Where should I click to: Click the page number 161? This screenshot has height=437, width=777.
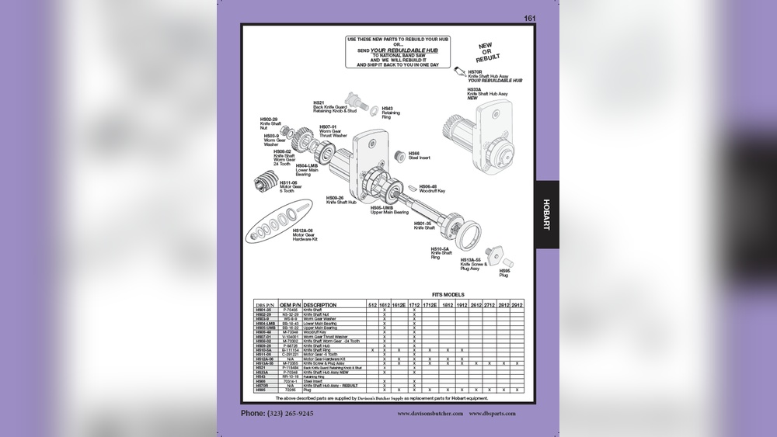tap(529, 18)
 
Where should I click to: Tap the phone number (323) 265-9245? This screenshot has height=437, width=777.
tap(277, 414)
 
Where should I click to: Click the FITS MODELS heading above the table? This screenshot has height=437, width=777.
tap(448, 295)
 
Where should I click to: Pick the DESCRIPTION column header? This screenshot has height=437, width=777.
tap(321, 305)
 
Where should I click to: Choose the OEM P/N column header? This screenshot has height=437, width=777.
tap(290, 305)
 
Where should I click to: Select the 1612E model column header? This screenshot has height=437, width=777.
tap(399, 305)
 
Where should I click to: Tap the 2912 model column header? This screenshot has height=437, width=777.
tap(518, 305)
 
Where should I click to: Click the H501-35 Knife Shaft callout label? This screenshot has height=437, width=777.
tap(424, 226)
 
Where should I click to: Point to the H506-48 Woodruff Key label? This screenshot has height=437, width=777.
tap(433, 188)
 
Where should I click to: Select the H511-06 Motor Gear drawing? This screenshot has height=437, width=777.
tap(266, 186)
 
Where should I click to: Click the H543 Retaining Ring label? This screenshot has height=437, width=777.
tap(392, 112)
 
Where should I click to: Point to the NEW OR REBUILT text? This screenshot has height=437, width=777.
tap(489, 53)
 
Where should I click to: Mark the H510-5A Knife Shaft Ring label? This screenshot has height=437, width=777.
tap(441, 251)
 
